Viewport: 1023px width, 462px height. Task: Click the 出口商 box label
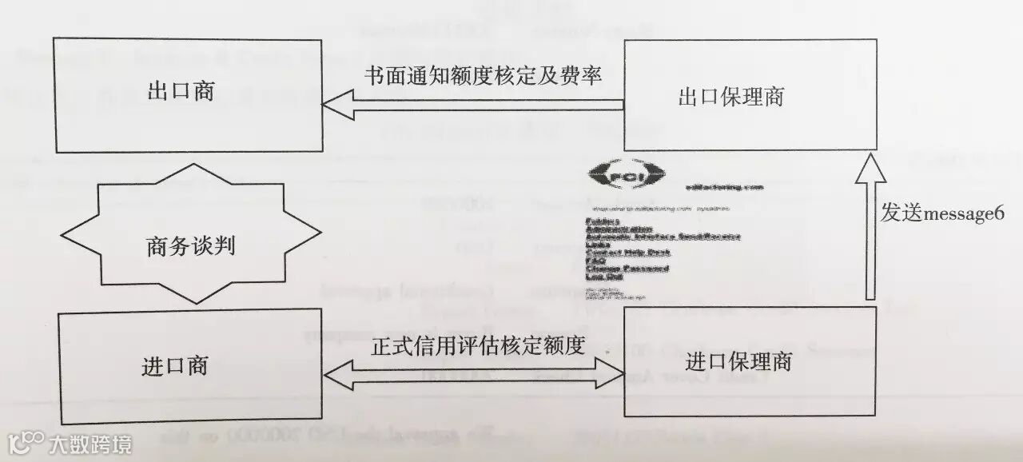click(x=181, y=92)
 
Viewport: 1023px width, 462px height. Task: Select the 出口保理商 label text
click(x=731, y=98)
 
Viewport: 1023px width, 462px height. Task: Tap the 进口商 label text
click(x=175, y=366)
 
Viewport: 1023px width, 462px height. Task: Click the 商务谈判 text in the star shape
click(x=190, y=245)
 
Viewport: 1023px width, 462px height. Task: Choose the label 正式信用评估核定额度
click(x=479, y=347)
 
